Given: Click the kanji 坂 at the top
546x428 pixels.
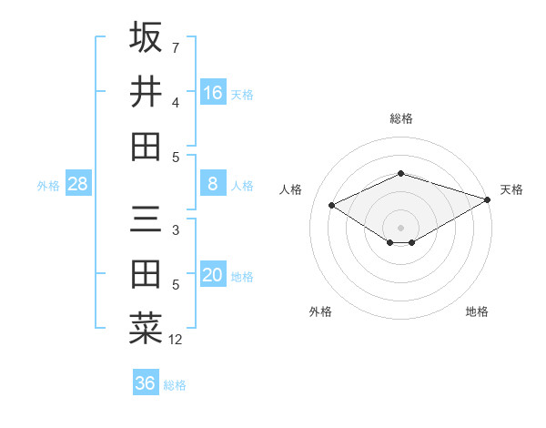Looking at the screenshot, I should (x=146, y=38).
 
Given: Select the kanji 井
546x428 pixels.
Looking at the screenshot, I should (x=146, y=92).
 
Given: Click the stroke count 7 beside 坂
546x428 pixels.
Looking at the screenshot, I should (x=176, y=47).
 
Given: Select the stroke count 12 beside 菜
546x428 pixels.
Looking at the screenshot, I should (x=176, y=340).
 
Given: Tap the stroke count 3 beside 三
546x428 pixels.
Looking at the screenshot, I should (x=176, y=230).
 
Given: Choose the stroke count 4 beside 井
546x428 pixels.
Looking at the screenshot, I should (x=176, y=102).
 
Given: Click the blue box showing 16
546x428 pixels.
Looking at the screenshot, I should (x=213, y=93).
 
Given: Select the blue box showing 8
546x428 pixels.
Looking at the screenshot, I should (x=213, y=184).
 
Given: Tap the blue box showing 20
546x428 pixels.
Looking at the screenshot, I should (x=213, y=276).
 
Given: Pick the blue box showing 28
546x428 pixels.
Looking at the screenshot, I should (x=78, y=184).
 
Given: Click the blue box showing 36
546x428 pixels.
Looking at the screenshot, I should (x=146, y=383).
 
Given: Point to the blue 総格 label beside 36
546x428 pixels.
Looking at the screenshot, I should (x=175, y=385).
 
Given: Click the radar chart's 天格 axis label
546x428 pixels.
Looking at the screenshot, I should (x=511, y=189).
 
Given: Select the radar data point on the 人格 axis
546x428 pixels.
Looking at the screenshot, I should (x=332, y=205).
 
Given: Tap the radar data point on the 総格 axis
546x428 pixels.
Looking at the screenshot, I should (x=400, y=173).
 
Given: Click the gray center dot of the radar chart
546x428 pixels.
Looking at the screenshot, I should (x=400, y=227).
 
